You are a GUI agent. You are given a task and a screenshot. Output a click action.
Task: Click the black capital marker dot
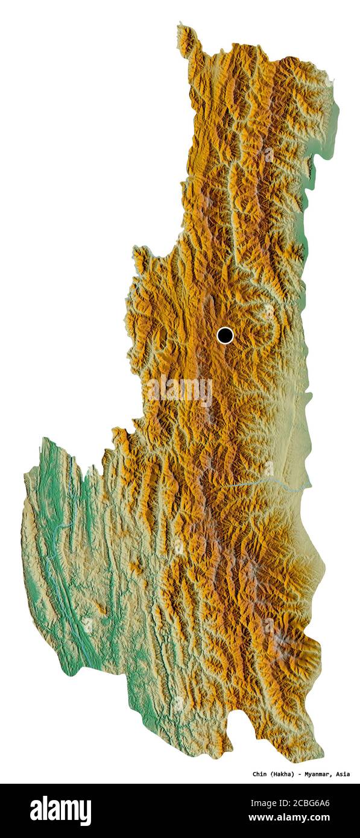point(225,335)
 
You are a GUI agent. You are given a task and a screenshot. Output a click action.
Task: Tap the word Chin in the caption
point(260,774)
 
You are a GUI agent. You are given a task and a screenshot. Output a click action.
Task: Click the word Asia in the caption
point(343,774)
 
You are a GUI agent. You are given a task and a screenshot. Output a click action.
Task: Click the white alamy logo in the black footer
point(60,810)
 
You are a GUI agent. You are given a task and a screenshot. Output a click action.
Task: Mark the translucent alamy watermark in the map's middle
point(180,391)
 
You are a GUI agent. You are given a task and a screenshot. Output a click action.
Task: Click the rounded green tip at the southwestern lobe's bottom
point(72,669)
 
